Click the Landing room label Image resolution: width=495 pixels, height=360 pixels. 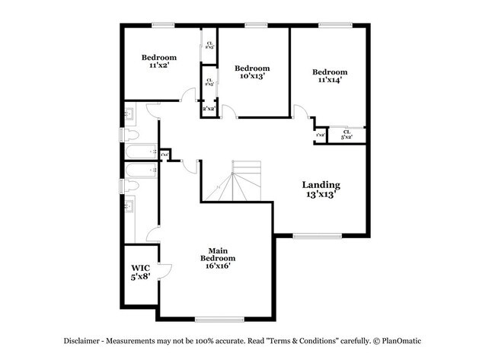tap(321, 185)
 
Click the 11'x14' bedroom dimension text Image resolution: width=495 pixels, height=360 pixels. tap(330, 81)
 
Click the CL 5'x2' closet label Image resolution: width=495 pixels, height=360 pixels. tap(346, 135)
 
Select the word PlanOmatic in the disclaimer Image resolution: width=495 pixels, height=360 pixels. tap(401, 341)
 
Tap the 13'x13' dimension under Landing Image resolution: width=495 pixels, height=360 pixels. tap(321, 195)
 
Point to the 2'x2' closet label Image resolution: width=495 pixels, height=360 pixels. tap(209, 109)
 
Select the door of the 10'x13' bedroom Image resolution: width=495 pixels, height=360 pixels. tap(228, 111)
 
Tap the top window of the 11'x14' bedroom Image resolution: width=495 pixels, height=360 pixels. tap(330, 25)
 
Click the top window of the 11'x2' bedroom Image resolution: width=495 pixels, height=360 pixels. tap(163, 25)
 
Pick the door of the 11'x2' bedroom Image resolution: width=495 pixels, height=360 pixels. tap(187, 94)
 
